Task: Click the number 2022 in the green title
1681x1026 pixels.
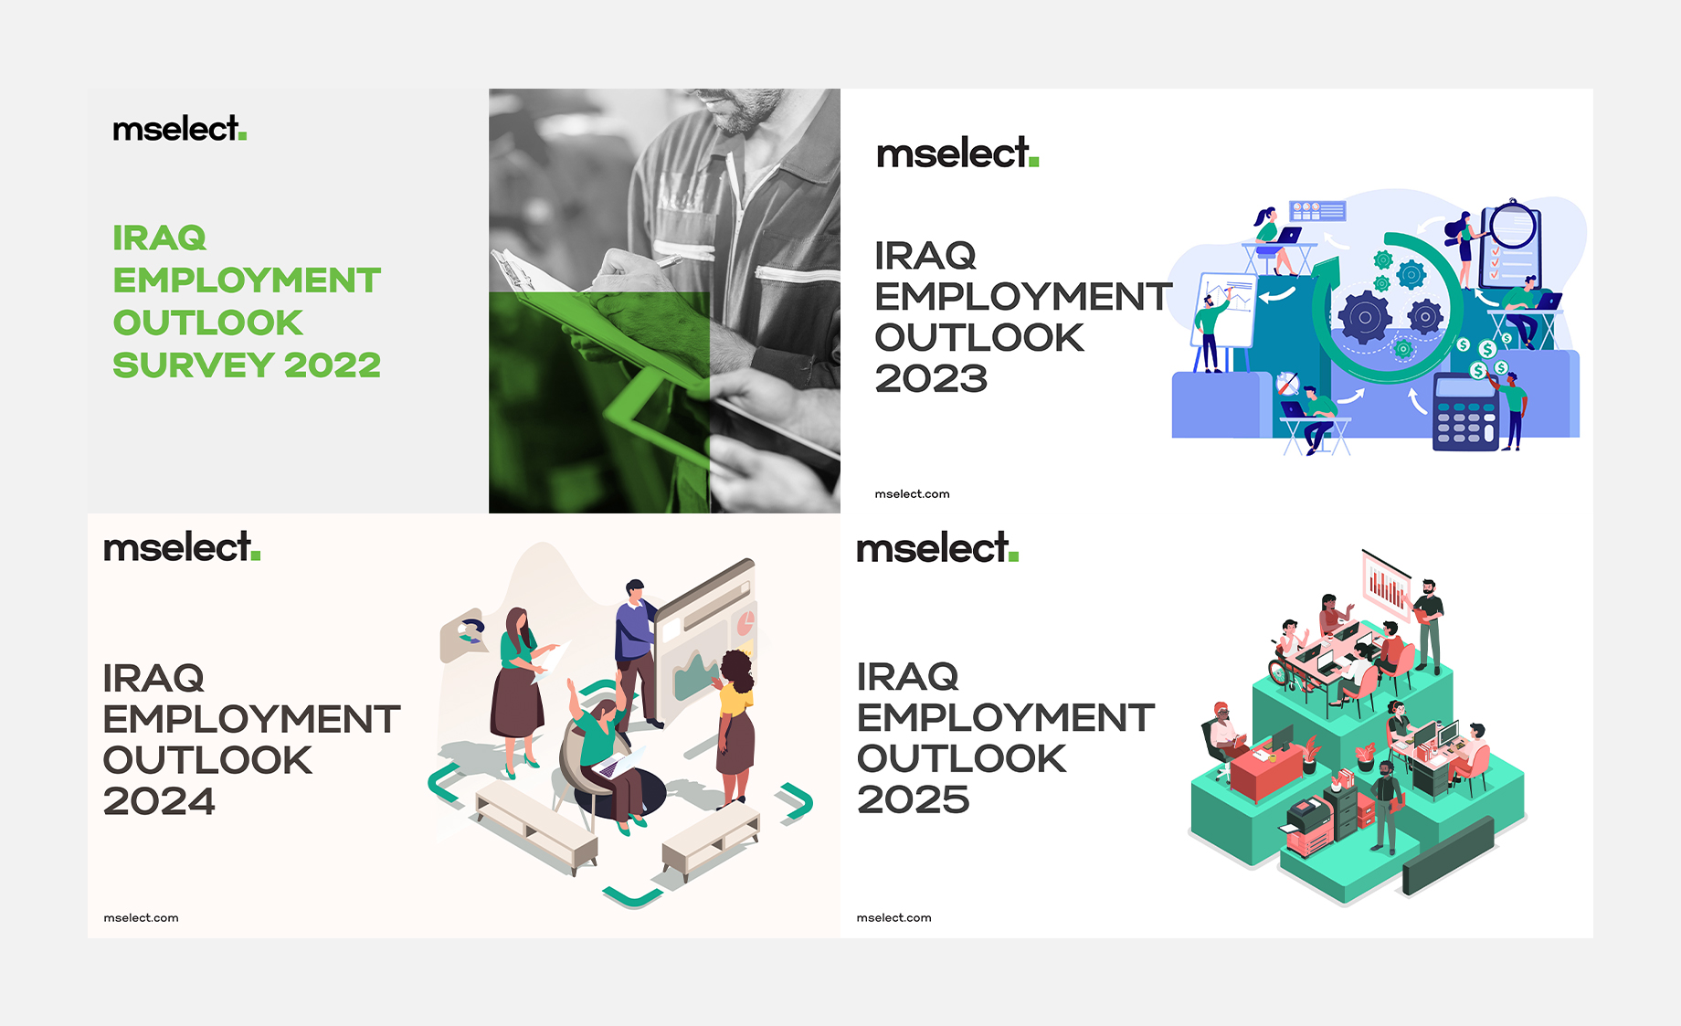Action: click(333, 365)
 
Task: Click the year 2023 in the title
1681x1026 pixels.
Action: click(931, 379)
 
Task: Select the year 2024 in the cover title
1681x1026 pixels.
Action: click(159, 802)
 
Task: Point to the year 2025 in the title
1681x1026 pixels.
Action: click(913, 800)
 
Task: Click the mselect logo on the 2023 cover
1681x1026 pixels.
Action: click(957, 153)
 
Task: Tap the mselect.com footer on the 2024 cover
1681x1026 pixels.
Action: click(141, 918)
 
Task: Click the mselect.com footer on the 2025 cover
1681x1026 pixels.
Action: click(893, 918)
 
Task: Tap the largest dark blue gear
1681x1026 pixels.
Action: click(1365, 318)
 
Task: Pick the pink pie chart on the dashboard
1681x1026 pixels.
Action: click(745, 623)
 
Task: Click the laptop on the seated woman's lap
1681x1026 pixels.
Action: click(619, 762)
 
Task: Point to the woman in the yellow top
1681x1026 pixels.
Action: click(735, 722)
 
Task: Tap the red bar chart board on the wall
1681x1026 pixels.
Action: click(1387, 584)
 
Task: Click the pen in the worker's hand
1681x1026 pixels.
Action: click(668, 262)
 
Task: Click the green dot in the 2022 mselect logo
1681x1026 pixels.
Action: click(242, 137)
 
